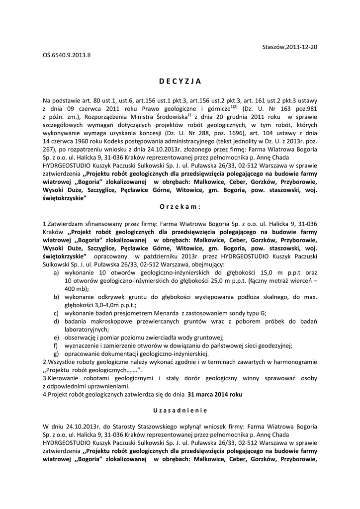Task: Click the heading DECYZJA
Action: pyautogui.click(x=181, y=82)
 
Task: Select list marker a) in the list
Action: pyautogui.click(x=57, y=273)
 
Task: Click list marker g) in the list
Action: pyautogui.click(x=57, y=353)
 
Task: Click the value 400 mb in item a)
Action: pyautogui.click(x=72, y=289)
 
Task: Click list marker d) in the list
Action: pyautogui.click(x=57, y=321)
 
